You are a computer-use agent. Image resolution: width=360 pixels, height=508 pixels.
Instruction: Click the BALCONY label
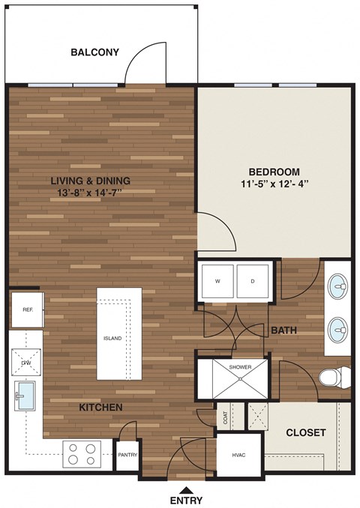(94, 52)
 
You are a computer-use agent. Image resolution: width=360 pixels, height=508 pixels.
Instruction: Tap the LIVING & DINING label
(91, 181)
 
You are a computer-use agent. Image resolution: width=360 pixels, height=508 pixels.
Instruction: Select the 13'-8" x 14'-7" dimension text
(91, 193)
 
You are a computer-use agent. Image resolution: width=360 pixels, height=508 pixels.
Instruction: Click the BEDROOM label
(274, 171)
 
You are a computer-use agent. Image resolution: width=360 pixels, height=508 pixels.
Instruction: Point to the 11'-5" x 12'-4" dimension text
(274, 184)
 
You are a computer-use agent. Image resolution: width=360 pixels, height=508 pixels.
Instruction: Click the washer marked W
(217, 282)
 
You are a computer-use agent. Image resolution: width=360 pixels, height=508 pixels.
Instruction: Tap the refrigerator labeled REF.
(26, 309)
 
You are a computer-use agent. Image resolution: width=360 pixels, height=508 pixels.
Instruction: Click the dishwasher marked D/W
(26, 362)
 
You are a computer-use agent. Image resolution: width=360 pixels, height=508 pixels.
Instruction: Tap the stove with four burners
(82, 452)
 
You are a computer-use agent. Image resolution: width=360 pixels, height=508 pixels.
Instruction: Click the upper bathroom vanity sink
(338, 286)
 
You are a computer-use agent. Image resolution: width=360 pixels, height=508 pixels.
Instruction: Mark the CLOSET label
(306, 433)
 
